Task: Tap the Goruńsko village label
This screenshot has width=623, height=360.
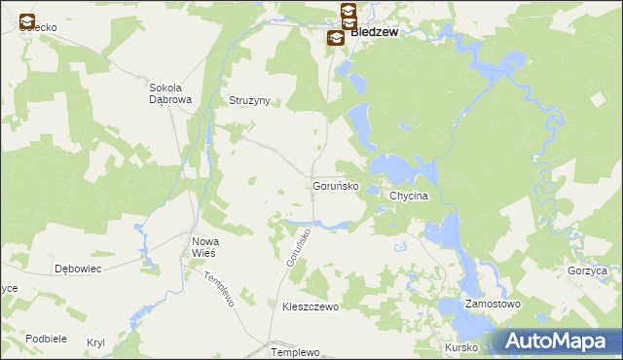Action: (x=336, y=185)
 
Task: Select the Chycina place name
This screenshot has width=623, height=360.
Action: (x=409, y=196)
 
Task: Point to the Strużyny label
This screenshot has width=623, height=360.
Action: (x=249, y=100)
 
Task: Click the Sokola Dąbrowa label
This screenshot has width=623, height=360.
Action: (x=170, y=92)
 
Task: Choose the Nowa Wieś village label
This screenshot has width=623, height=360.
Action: (x=203, y=246)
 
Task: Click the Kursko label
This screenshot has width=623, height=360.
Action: (x=459, y=347)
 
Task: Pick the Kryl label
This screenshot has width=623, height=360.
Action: (x=95, y=342)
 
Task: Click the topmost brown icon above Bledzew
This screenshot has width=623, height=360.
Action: (x=348, y=11)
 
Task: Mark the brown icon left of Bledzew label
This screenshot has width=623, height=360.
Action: (x=334, y=37)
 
